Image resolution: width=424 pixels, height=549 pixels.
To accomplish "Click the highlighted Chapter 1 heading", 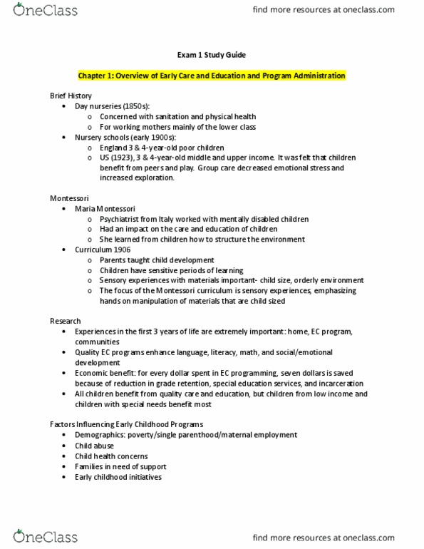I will [x=212, y=76].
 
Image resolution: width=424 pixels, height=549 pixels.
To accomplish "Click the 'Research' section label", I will [x=65, y=322].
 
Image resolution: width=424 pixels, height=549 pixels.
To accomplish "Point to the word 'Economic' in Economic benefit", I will [x=92, y=373].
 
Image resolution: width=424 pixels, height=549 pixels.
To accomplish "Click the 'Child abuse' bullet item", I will [x=95, y=446].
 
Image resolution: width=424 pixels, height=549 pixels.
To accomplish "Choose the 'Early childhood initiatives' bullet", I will [x=118, y=476].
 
